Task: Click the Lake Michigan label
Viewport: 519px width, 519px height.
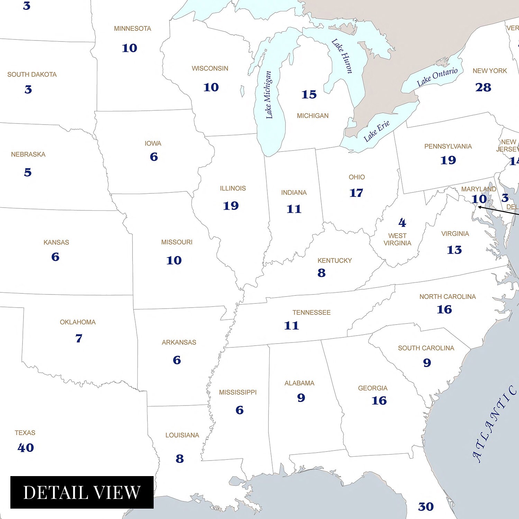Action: click(x=268, y=95)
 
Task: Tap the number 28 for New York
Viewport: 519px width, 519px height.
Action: click(x=483, y=87)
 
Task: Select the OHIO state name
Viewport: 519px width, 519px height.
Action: click(x=357, y=177)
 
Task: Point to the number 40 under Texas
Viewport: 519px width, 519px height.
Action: click(x=26, y=447)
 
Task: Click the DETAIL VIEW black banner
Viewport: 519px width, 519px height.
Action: click(x=82, y=492)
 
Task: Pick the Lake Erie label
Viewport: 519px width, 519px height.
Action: click(x=376, y=131)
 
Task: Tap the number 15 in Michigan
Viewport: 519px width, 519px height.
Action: click(x=309, y=94)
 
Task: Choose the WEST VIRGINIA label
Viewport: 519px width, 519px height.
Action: click(x=397, y=239)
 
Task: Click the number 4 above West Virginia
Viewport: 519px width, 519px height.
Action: click(x=402, y=222)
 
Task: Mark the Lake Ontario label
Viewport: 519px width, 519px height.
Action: click(x=437, y=77)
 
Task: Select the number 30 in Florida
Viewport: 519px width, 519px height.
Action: click(x=426, y=507)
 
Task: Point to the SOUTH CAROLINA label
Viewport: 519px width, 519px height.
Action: click(x=426, y=348)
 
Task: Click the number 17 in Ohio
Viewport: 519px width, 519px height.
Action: click(x=356, y=193)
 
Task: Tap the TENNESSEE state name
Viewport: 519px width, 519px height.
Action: click(x=311, y=312)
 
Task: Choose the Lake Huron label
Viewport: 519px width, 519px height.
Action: click(x=342, y=56)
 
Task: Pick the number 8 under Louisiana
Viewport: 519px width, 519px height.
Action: click(x=180, y=458)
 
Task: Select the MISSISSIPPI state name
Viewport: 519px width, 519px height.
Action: click(x=238, y=392)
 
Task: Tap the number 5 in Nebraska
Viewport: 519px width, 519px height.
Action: click(x=28, y=172)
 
